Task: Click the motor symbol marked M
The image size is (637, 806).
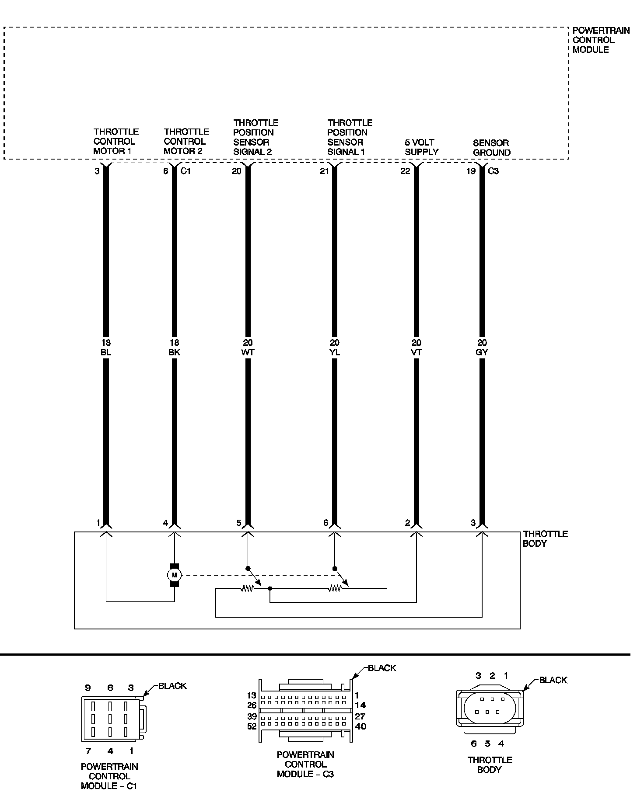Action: (x=175, y=574)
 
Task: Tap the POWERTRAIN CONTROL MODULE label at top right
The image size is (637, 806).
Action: (x=601, y=40)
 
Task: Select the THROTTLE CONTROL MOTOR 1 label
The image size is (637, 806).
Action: (x=116, y=141)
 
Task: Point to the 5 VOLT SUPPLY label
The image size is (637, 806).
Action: (x=421, y=147)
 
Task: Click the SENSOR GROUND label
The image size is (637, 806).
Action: (x=492, y=148)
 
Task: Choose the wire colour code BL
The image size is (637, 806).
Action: (x=106, y=352)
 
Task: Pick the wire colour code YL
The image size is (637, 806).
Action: (x=335, y=352)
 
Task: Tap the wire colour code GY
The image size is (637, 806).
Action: (x=482, y=352)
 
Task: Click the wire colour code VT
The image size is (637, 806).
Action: (x=416, y=352)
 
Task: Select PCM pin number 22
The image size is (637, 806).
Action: (x=406, y=171)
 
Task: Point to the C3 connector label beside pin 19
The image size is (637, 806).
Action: (x=493, y=171)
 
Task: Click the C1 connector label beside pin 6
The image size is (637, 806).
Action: (x=186, y=171)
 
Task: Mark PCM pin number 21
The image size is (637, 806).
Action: (x=324, y=171)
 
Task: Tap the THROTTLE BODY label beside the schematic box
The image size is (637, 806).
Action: (x=545, y=538)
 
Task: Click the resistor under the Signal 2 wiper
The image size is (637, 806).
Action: (x=247, y=589)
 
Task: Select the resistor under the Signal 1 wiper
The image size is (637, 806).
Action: (x=335, y=589)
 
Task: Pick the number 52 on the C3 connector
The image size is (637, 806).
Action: (x=252, y=726)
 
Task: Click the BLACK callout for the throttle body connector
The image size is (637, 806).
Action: (x=553, y=680)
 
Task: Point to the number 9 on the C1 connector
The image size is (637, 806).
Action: (x=88, y=688)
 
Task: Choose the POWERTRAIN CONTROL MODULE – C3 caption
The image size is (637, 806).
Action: (x=305, y=764)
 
